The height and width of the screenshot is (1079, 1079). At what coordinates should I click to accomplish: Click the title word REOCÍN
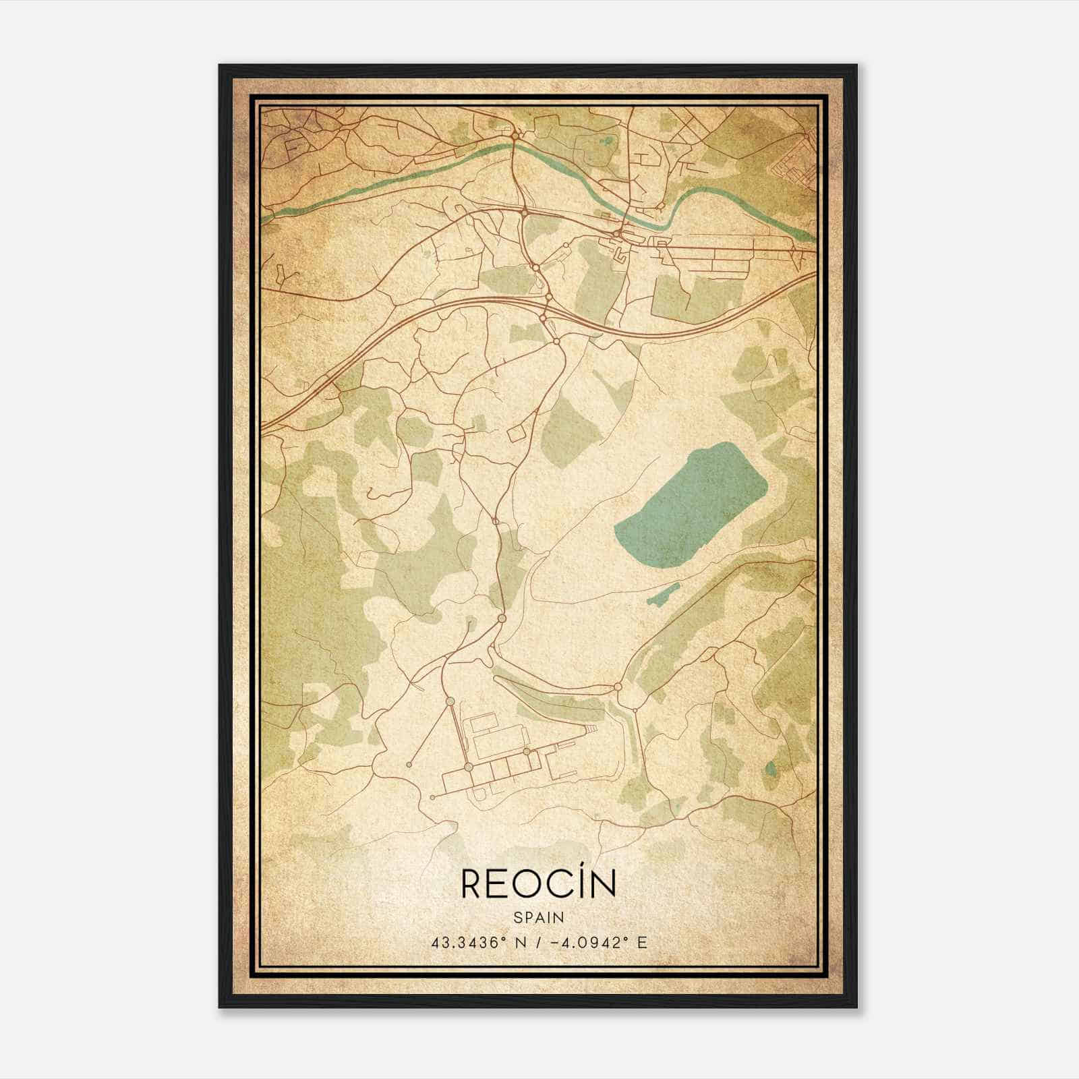[x=538, y=884]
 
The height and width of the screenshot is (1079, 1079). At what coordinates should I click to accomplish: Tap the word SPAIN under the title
[x=538, y=917]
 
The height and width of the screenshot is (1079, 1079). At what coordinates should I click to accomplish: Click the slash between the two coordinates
[x=537, y=942]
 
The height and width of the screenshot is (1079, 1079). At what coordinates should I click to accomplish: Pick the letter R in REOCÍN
[x=470, y=885]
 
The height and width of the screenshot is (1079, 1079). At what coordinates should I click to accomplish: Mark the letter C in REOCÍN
[x=558, y=885]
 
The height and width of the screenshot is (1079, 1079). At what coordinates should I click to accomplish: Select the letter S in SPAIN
[x=517, y=917]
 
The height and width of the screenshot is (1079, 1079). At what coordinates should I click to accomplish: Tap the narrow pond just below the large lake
[x=661, y=594]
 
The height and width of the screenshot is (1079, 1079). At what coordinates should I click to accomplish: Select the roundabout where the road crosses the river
[x=515, y=137]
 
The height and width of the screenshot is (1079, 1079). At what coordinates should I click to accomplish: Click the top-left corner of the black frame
[x=221, y=66]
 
